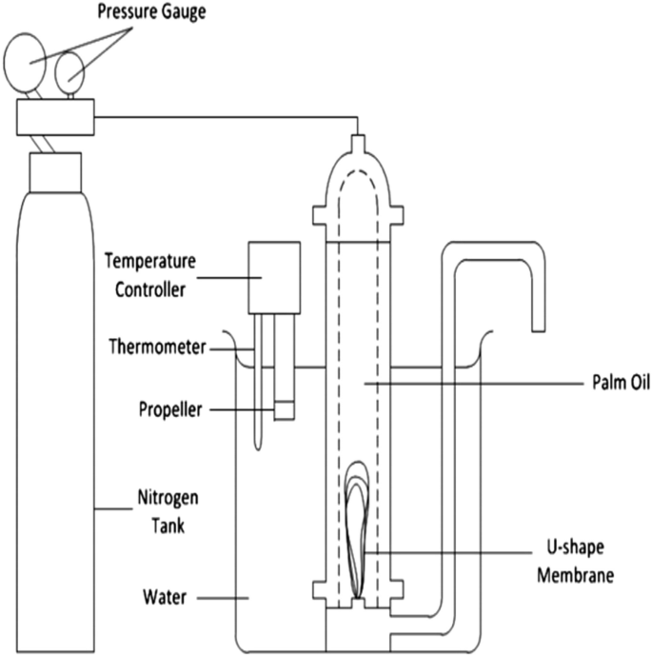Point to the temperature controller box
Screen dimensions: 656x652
[x=274, y=277]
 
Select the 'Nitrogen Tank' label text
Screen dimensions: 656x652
[x=159, y=510]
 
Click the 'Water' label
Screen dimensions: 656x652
[x=168, y=597]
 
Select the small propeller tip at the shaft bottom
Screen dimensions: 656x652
[x=284, y=410]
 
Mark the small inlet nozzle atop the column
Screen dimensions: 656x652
[x=357, y=146]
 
